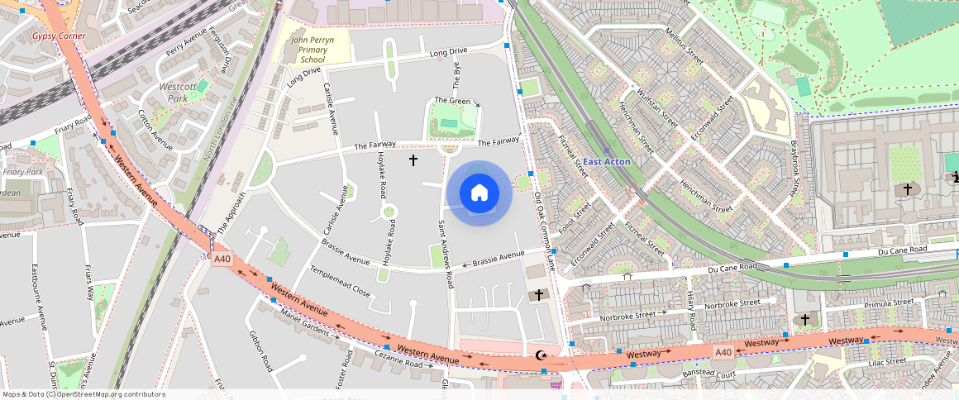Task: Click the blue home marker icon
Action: (479, 193)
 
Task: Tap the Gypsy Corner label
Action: (59, 36)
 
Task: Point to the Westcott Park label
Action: (177, 92)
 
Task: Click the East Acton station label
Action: (606, 162)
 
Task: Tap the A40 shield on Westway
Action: (723, 352)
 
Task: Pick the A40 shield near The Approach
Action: (222, 259)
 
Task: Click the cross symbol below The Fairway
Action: (413, 160)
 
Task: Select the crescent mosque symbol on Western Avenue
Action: (542, 355)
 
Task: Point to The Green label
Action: (453, 102)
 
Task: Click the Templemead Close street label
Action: (340, 281)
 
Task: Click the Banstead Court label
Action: (709, 374)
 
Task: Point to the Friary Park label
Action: (22, 172)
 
